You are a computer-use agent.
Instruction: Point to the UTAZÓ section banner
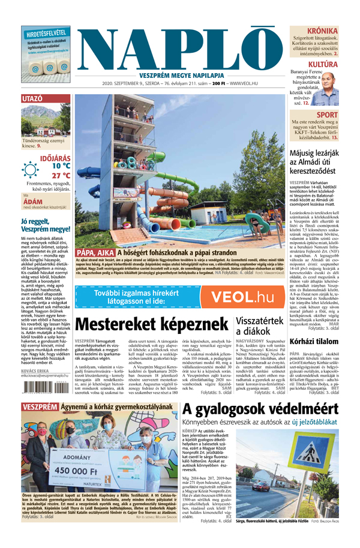coord(31,98)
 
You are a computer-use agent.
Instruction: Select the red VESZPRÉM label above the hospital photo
coord(40,424)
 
